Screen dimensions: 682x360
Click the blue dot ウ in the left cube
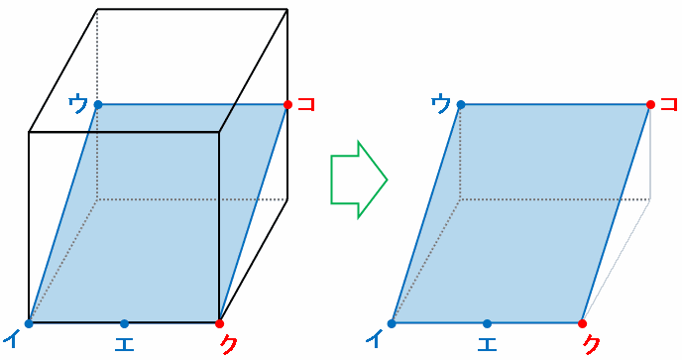pyautogui.click(x=98, y=104)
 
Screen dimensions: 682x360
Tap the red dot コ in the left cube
pyautogui.click(x=287, y=104)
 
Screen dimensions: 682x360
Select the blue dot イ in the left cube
pyautogui.click(x=29, y=323)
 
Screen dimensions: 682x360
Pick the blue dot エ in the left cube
pyautogui.click(x=124, y=323)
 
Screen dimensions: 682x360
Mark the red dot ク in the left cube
pyautogui.click(x=219, y=323)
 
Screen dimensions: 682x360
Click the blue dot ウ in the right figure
pyautogui.click(x=461, y=104)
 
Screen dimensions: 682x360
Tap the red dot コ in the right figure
pyautogui.click(x=650, y=104)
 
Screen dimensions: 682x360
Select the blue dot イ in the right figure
pyautogui.click(x=392, y=323)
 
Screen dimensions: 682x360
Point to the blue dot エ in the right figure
pyautogui.click(x=487, y=323)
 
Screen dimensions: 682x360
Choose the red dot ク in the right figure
pyautogui.click(x=583, y=323)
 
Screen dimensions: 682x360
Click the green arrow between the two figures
pyautogui.click(x=359, y=180)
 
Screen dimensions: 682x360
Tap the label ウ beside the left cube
pyautogui.click(x=78, y=104)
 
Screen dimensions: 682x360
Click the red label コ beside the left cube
pyautogui.click(x=306, y=104)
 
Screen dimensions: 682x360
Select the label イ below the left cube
pyautogui.click(x=12, y=339)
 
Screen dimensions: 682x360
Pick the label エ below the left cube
pyautogui.click(x=124, y=343)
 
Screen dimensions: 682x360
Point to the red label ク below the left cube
pyautogui.click(x=228, y=343)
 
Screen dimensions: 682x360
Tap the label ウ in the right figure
pyautogui.click(x=441, y=104)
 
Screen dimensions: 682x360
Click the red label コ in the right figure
pyautogui.click(x=669, y=104)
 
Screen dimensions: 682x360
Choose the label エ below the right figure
pyautogui.click(x=487, y=343)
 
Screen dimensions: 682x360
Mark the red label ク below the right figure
pyautogui.click(x=592, y=343)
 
